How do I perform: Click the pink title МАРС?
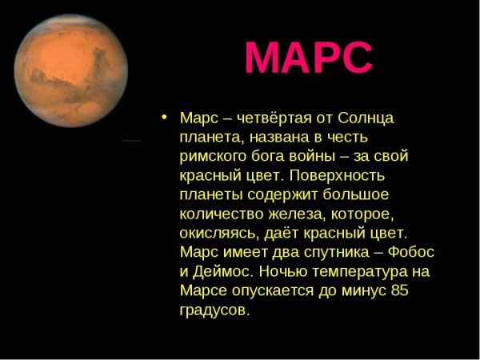(x=308, y=58)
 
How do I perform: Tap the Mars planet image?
(x=71, y=70)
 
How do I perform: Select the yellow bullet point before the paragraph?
(x=164, y=116)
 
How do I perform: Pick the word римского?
(x=210, y=156)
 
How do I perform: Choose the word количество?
(x=218, y=214)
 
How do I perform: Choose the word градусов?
(x=214, y=310)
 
